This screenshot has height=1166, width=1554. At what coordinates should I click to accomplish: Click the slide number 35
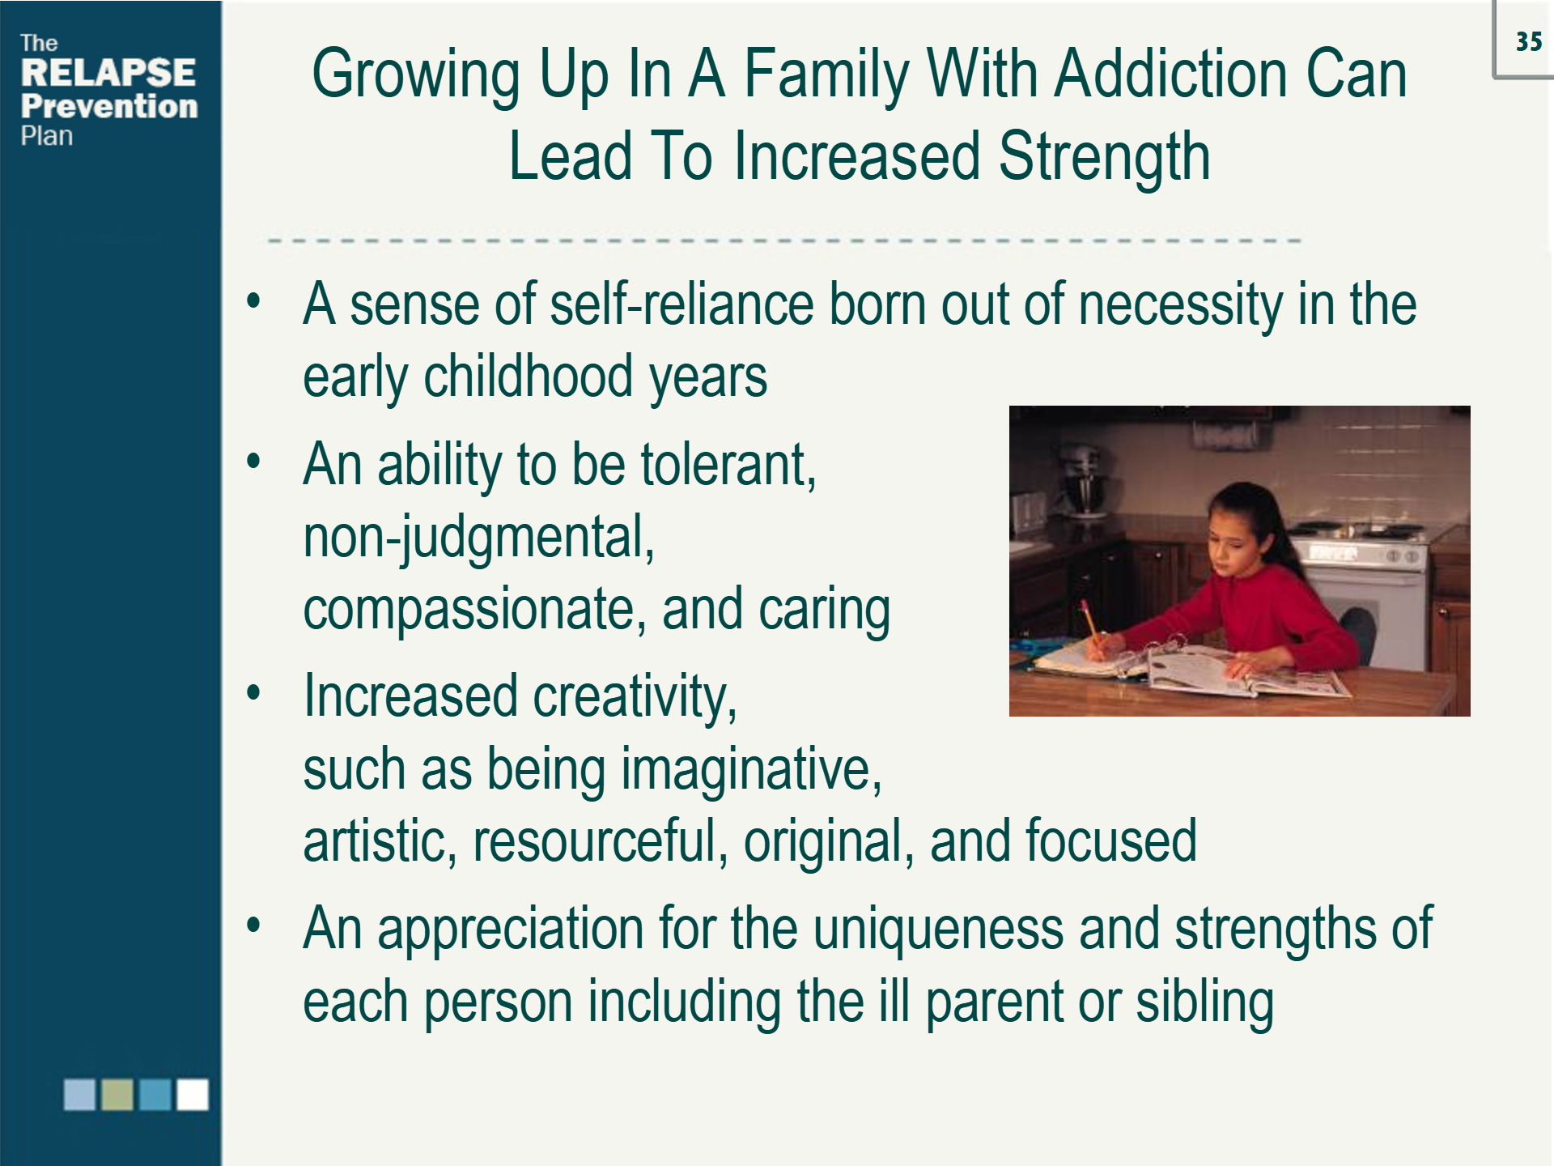pos(1528,41)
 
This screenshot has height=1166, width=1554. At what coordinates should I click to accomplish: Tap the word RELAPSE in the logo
pos(108,72)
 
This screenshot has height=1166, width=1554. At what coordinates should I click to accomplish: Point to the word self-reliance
pos(682,304)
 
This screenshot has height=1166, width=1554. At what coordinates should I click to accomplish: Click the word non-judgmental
pos(478,538)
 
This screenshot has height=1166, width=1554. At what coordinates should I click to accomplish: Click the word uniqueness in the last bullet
pos(938,929)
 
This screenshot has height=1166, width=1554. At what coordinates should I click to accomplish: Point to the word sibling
pos(1204,1002)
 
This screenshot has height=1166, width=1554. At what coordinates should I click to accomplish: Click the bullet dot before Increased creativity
pos(254,693)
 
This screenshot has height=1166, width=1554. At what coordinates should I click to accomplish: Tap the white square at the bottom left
pos(193,1094)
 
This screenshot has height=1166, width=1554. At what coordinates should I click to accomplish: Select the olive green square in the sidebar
pos(117,1094)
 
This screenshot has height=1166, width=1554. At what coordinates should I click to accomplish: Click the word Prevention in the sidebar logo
pos(109,106)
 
